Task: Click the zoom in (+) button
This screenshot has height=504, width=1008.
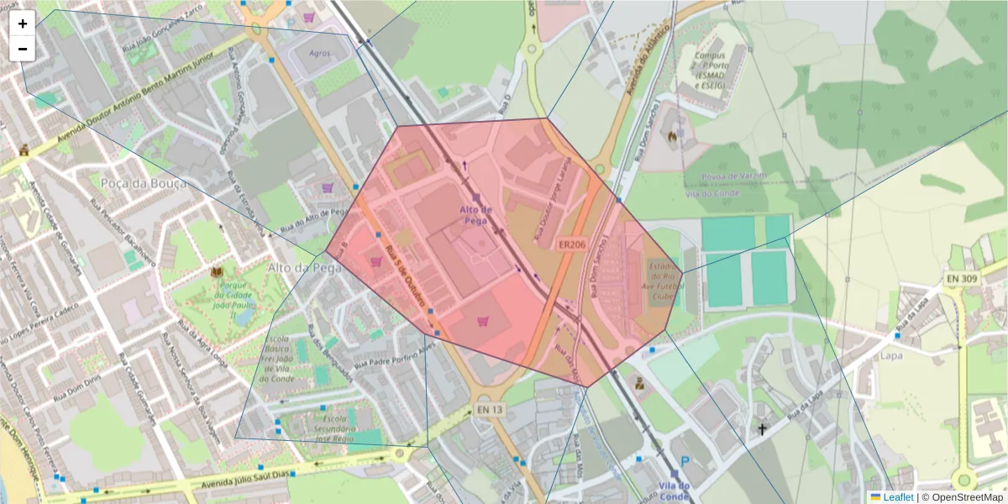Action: pos(23,24)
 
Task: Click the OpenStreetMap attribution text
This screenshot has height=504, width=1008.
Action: pos(966,497)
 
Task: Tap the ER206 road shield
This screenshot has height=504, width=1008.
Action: pos(571,244)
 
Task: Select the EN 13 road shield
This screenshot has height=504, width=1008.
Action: pos(489,409)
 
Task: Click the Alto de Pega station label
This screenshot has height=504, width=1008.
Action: pos(476,214)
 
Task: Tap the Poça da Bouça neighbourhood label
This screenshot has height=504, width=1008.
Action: pos(137,183)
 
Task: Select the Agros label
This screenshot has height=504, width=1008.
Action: pos(320,52)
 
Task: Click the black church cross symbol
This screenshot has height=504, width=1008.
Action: pos(763,429)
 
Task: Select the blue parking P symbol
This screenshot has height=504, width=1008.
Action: pos(685,462)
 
